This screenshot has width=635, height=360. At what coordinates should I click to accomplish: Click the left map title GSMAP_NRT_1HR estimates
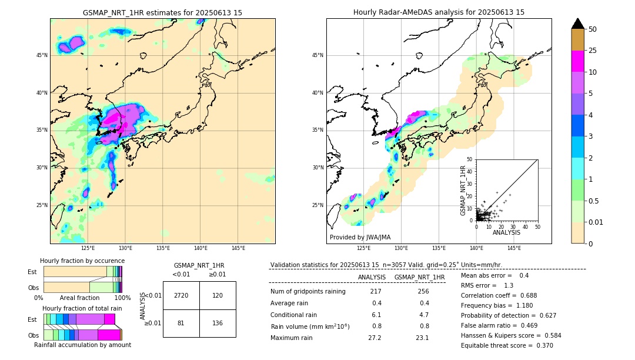(x=162, y=12)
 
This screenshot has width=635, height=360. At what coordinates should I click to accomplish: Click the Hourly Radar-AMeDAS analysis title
(x=439, y=12)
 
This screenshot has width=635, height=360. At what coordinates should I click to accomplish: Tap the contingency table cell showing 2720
(x=181, y=295)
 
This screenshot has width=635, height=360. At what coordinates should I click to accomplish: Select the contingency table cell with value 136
(x=218, y=323)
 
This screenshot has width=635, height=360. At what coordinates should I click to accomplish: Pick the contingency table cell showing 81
(x=181, y=323)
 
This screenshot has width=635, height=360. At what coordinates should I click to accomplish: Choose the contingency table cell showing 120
(x=218, y=295)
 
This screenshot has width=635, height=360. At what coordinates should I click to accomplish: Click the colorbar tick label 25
(x=593, y=51)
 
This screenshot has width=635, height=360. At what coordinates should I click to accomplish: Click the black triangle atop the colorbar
(x=578, y=24)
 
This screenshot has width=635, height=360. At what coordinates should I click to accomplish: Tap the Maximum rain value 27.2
(x=375, y=338)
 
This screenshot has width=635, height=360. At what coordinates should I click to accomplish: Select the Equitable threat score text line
(x=507, y=345)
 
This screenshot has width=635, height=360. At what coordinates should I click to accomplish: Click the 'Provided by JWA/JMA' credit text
(x=360, y=237)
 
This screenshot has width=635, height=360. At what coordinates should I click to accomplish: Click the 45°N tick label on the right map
(x=317, y=55)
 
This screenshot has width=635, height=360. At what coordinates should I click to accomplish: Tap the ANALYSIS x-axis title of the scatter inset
(x=506, y=232)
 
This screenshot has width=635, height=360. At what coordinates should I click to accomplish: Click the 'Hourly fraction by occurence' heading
(x=82, y=261)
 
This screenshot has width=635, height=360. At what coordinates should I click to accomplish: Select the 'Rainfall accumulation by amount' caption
(x=82, y=345)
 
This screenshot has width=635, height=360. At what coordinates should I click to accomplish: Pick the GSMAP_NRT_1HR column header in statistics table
(x=419, y=277)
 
